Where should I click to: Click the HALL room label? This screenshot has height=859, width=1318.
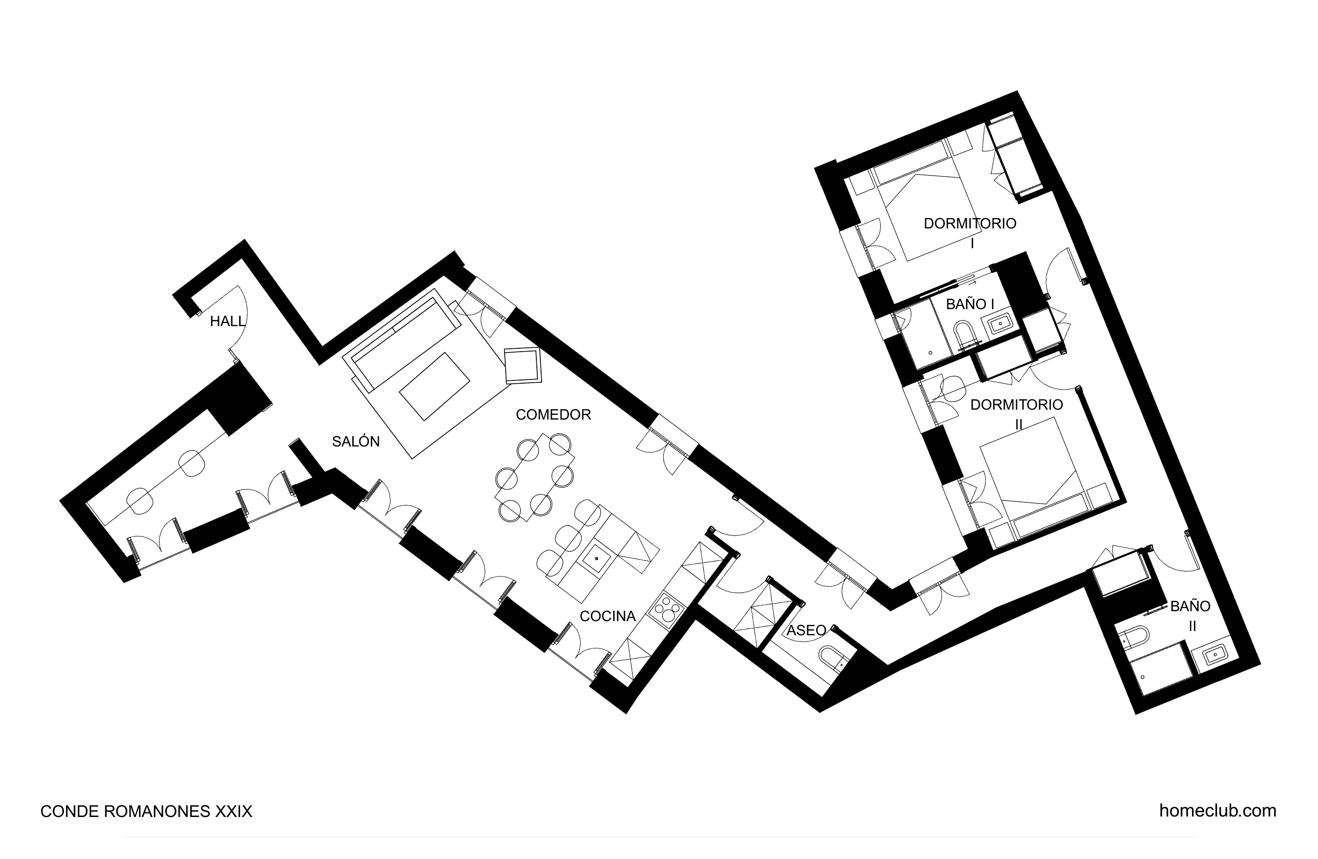click(x=227, y=321)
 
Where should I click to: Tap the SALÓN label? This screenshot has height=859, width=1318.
click(x=356, y=442)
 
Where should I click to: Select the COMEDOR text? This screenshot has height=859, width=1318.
click(x=553, y=414)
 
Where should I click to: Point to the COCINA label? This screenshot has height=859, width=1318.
click(x=608, y=616)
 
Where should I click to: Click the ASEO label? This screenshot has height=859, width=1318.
click(x=806, y=630)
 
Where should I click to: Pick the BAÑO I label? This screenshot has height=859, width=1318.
click(x=970, y=304)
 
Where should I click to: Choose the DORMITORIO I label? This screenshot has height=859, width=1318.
click(x=970, y=233)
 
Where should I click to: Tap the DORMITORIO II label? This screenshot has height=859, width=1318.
click(x=1017, y=414)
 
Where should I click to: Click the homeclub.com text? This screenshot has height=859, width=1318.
click(x=1218, y=811)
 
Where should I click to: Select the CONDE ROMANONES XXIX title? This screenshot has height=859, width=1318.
click(x=146, y=811)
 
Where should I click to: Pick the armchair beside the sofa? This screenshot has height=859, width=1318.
click(x=523, y=365)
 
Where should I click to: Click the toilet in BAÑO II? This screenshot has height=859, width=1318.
click(x=1131, y=637)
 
